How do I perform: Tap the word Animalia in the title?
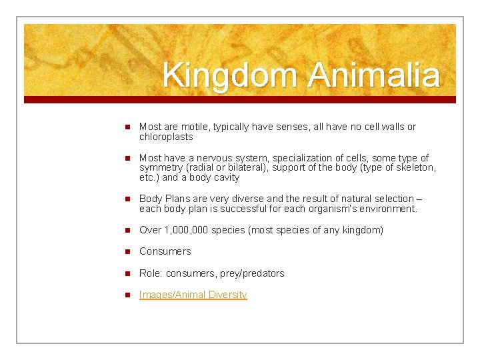tap(373, 75)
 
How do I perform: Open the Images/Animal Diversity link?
tap(193, 295)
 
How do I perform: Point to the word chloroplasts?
tap(166, 137)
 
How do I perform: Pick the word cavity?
tap(225, 178)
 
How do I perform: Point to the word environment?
tap(383, 209)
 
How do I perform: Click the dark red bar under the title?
tap(240, 99)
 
